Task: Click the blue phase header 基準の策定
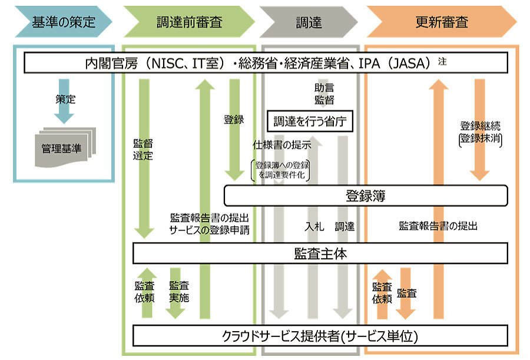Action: coord(64,22)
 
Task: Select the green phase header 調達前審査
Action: coord(189,22)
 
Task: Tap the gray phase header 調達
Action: coord(309,22)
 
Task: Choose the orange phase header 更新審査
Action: coord(442,22)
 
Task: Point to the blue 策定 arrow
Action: coord(64,101)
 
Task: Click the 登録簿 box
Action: coord(366,196)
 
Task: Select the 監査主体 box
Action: coord(320,253)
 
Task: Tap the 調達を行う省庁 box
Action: coord(310,121)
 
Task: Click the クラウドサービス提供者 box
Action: coord(320,336)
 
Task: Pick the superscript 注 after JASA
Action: coord(442,61)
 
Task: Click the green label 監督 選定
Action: coord(143,149)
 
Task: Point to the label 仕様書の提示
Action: coord(282,145)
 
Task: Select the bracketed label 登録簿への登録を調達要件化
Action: coord(281,170)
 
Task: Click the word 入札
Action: coord(314,226)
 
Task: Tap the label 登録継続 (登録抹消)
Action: coord(481,133)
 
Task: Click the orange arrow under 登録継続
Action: coord(480,130)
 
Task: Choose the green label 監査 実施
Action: coord(179,292)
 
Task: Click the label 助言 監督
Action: coord(324,94)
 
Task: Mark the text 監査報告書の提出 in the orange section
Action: coord(438,226)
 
